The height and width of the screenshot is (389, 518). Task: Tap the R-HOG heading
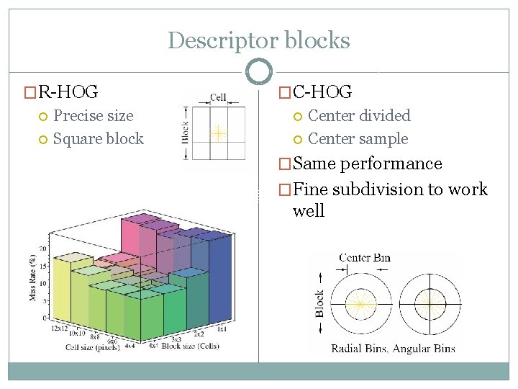68,91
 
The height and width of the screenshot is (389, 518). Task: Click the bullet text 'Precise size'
94,115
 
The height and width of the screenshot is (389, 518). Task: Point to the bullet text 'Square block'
99,139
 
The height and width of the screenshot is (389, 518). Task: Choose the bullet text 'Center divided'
359,115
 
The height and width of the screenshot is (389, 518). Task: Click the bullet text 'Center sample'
358,139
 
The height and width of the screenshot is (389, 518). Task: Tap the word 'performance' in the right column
391,164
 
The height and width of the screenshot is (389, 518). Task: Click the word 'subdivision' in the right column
373,189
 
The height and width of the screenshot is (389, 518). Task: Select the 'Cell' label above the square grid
217,97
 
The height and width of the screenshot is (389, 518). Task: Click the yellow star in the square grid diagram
217,133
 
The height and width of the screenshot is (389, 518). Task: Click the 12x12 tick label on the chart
60,328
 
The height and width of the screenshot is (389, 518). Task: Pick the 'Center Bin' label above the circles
364,257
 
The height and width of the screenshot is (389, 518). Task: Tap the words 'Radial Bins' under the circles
359,349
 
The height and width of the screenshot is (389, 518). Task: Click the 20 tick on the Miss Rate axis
43,248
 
